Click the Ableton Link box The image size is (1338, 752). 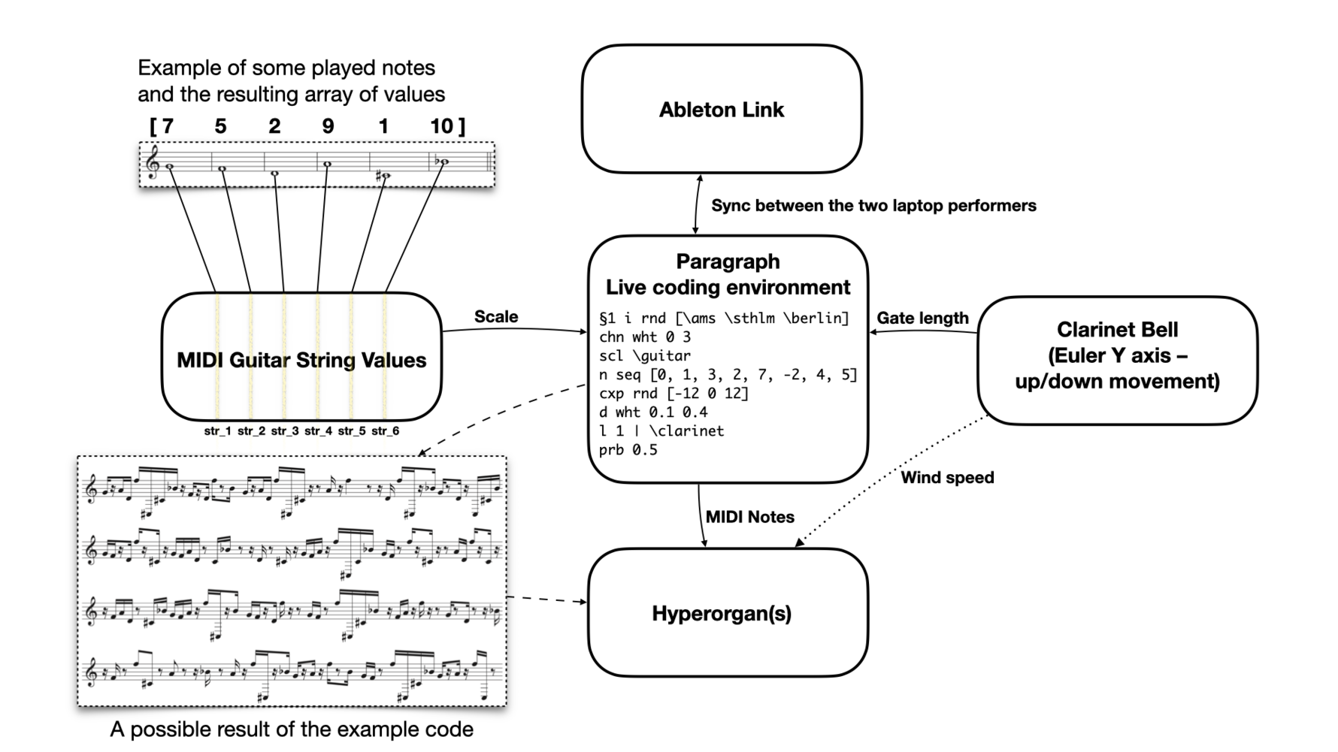coord(721,110)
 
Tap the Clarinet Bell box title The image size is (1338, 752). coord(1117,330)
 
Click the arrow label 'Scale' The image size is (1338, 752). coord(496,316)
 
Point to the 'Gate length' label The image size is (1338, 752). coord(922,318)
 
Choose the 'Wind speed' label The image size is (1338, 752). coord(947,477)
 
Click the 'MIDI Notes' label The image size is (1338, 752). coord(749,517)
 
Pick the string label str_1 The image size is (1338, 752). coord(218,431)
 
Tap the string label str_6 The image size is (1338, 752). coord(385,431)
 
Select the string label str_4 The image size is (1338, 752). coord(318,431)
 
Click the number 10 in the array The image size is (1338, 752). coord(442,126)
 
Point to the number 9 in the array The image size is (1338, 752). coord(328,126)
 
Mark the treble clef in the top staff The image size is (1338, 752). coord(153,163)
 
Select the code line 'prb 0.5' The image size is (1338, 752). coord(628,449)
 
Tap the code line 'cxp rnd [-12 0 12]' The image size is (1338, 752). coord(674,393)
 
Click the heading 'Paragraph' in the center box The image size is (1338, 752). coord(728,261)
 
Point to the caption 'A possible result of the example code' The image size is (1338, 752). coord(292,729)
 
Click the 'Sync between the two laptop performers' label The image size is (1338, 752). coord(873,205)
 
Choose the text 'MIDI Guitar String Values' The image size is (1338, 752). coord(301,360)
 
